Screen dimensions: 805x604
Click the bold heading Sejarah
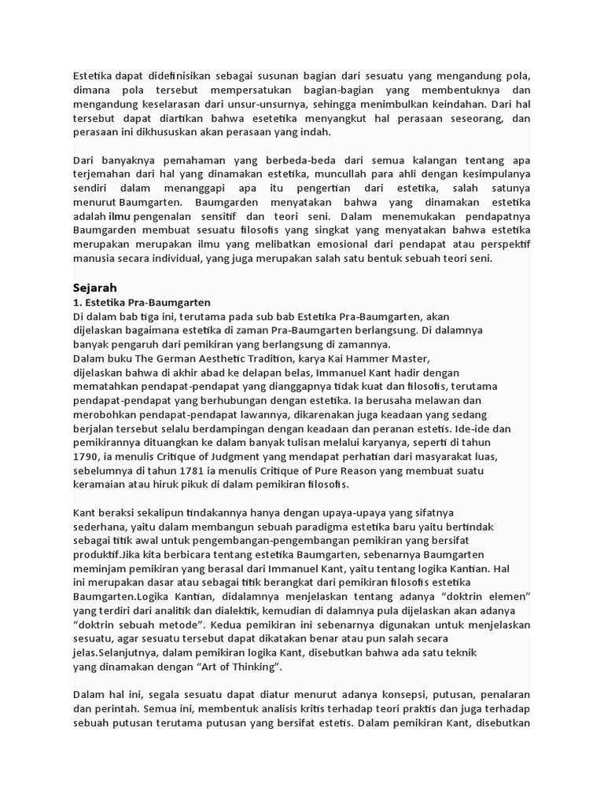94,288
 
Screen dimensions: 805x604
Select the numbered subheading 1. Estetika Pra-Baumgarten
142,302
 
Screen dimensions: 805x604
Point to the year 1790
86,456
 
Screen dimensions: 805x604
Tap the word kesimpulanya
488,174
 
